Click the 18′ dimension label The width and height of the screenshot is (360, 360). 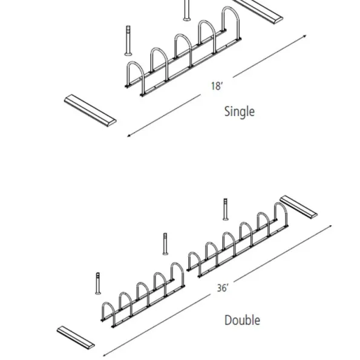217,86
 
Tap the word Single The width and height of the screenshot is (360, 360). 240,111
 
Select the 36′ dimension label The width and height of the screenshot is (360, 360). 223,288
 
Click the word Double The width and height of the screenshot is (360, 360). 242,320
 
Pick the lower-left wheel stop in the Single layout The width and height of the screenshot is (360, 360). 90,110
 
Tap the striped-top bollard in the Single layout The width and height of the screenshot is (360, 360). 128,41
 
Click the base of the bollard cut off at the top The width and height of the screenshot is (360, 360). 187,19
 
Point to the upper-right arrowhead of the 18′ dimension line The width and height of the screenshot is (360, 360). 305,36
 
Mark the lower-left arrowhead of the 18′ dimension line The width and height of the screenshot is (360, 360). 129,136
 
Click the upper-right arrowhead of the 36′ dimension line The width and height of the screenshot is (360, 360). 330,226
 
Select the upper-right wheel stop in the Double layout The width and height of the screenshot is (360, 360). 299,207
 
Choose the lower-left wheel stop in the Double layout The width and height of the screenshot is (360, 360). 76,338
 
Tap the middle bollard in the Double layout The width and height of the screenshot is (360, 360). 165,244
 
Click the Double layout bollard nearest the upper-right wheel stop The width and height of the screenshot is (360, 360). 226,209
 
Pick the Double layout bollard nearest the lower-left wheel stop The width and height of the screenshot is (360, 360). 98,283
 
